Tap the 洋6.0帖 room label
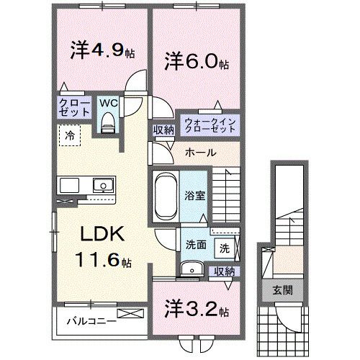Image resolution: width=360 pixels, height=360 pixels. [196, 61]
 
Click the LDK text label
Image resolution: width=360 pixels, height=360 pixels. [104, 234]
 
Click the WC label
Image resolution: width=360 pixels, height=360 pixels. [107, 102]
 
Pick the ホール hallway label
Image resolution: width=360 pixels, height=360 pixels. [199, 153]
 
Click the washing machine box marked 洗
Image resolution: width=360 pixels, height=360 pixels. [225, 248]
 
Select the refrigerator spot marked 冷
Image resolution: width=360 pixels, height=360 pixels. [70, 135]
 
